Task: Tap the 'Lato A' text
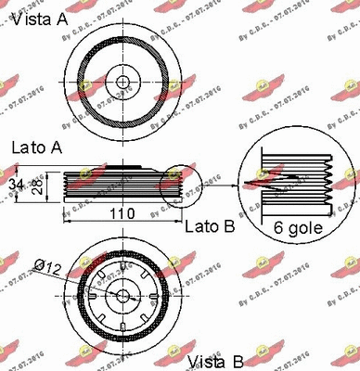(37, 147)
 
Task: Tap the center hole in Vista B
(122, 296)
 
